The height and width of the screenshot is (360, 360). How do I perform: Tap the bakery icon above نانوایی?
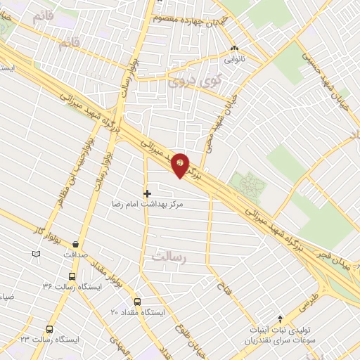click(x=235, y=49)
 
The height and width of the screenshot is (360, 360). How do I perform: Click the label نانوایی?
click(x=235, y=60)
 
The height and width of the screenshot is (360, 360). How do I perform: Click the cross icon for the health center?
click(x=147, y=193)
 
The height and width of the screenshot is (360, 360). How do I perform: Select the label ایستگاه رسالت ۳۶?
click(x=72, y=287)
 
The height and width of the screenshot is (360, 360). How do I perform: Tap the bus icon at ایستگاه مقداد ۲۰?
click(x=138, y=301)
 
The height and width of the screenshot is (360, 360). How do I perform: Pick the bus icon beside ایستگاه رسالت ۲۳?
click(x=49, y=328)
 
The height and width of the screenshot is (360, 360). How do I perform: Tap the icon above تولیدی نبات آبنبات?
click(x=281, y=319)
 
